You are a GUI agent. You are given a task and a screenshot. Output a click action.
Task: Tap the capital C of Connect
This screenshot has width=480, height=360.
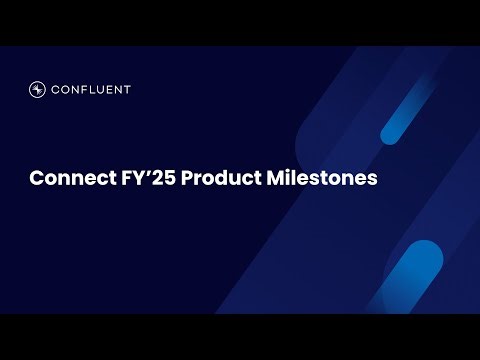click(36, 180)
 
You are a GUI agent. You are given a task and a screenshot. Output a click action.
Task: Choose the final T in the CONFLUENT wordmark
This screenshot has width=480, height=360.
click(127, 89)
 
